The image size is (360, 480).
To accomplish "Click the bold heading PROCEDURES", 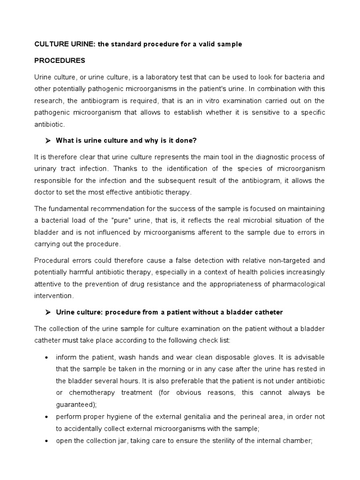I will click(x=60, y=60).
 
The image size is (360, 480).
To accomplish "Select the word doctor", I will click(x=45, y=192).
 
